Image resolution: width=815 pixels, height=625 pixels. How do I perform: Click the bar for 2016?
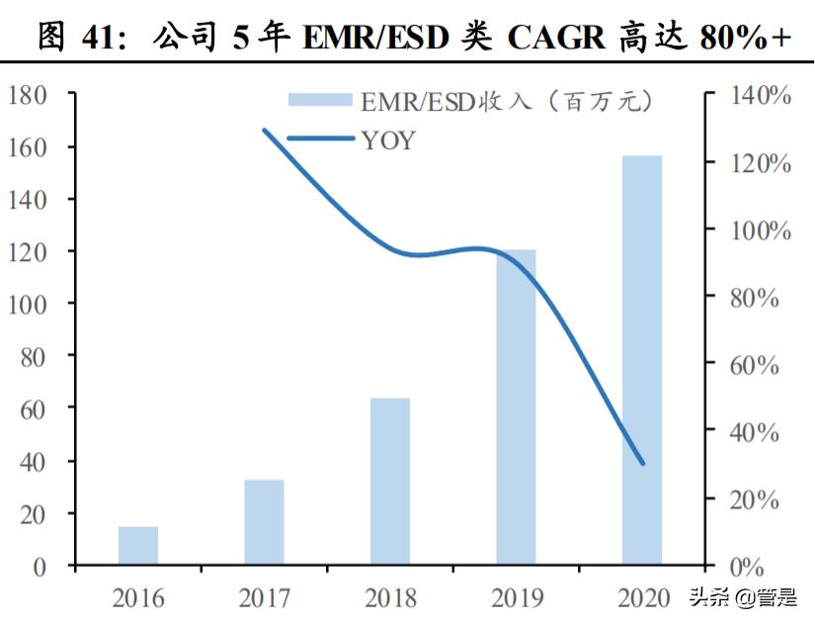[138, 546]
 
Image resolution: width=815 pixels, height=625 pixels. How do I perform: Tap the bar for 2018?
[390, 482]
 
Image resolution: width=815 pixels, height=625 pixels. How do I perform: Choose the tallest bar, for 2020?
[642, 361]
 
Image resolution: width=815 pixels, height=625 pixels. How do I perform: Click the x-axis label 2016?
[138, 597]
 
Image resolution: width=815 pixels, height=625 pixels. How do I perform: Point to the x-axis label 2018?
[390, 597]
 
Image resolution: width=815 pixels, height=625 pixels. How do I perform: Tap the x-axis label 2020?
[642, 597]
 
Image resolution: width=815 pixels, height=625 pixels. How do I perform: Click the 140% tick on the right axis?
[761, 96]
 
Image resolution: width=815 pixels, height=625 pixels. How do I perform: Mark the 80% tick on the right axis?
[754, 298]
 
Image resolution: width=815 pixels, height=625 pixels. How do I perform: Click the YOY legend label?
[388, 140]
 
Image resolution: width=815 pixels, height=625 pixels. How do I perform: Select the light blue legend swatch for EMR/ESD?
[320, 99]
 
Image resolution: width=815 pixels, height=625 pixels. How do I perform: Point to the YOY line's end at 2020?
[642, 463]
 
